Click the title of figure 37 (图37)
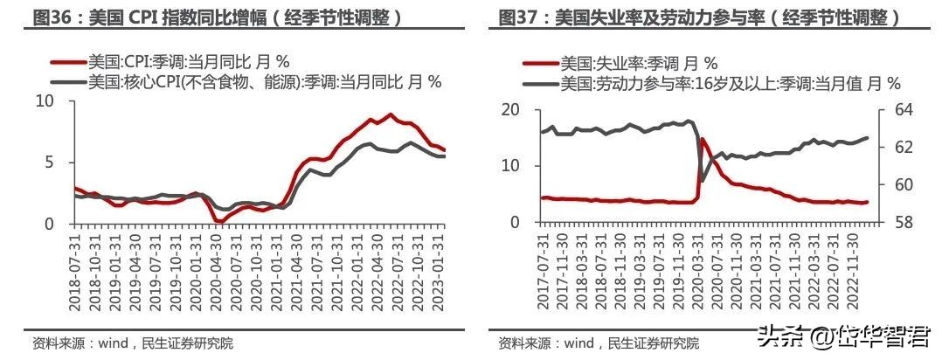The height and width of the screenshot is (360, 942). coord(699,17)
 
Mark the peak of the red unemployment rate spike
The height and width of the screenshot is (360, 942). coord(702,139)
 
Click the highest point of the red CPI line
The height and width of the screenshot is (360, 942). coord(390,114)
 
